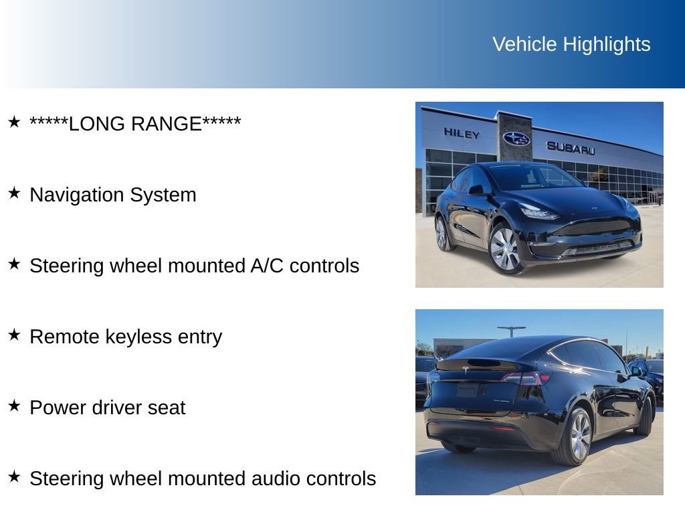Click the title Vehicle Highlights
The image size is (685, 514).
click(571, 44)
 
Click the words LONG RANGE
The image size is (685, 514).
click(135, 124)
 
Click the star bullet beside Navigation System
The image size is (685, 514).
click(14, 193)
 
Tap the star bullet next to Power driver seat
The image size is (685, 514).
click(14, 406)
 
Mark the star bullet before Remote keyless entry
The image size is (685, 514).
click(14, 335)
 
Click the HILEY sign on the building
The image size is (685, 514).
click(462, 134)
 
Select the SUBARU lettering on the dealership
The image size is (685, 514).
click(570, 148)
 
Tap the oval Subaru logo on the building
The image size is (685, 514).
click(516, 139)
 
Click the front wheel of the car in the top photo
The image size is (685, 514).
click(505, 248)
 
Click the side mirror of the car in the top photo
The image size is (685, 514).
click(476, 190)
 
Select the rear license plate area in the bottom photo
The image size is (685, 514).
click(468, 390)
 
